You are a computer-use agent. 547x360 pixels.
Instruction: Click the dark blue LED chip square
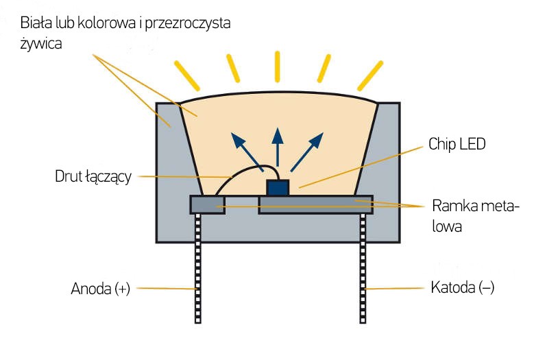pyautogui.click(x=278, y=187)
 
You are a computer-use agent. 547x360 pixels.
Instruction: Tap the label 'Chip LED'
pyautogui.click(x=457, y=144)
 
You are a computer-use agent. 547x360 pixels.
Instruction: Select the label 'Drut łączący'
pyautogui.click(x=93, y=177)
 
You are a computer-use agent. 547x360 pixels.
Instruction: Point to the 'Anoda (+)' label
pyautogui.click(x=100, y=288)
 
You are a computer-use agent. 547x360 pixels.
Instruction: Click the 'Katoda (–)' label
pyautogui.click(x=462, y=287)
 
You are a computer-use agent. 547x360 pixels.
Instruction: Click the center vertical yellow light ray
pyautogui.click(x=278, y=66)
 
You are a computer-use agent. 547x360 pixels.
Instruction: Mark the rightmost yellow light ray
pyautogui.click(x=369, y=73)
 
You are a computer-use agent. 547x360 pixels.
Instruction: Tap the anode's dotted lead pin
pyautogui.click(x=199, y=267)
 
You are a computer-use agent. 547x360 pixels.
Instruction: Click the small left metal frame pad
pyautogui.click(x=207, y=204)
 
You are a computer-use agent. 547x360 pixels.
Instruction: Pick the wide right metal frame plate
pyautogui.click(x=315, y=204)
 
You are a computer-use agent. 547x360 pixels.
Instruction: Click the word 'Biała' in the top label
pyautogui.click(x=34, y=23)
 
